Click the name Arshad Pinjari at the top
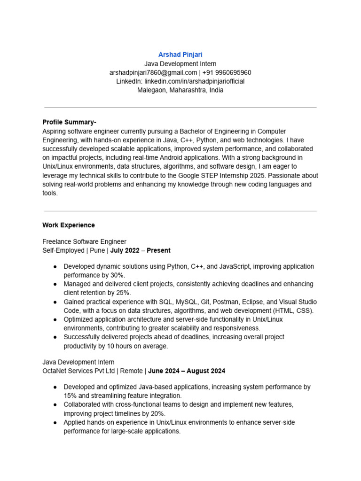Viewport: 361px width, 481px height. pos(180,55)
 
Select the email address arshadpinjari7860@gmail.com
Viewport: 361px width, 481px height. pos(153,72)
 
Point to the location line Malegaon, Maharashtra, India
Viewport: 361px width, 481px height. pos(180,90)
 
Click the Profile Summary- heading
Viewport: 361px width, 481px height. pos(69,122)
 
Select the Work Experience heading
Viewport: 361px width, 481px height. pos(69,225)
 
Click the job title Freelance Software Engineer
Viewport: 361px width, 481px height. pos(84,242)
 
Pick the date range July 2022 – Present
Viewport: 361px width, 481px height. pos(140,250)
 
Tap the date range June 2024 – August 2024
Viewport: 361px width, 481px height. pos(187,371)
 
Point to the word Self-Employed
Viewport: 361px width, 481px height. pos(63,250)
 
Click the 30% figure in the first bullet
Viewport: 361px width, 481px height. pos(118,275)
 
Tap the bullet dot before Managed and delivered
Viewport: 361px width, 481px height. pos(55,284)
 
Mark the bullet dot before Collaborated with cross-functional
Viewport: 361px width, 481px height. pos(55,404)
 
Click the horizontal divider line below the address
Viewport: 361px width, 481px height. pos(180,108)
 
